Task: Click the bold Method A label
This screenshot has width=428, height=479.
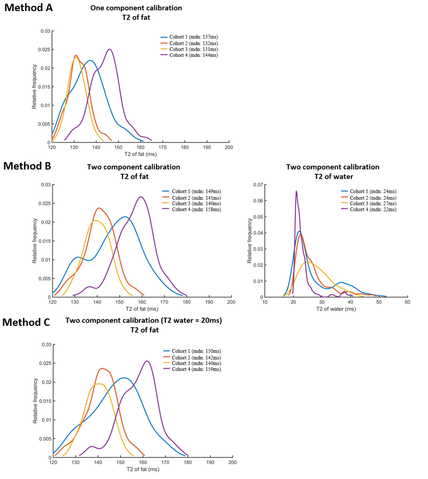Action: (28, 10)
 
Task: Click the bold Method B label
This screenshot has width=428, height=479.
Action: (27, 166)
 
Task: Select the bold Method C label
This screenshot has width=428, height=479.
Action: (27, 322)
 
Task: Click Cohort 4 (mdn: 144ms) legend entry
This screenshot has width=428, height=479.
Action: (189, 55)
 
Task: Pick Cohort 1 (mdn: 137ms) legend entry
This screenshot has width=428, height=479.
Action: (189, 36)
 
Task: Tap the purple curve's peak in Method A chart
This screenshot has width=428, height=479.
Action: (110, 49)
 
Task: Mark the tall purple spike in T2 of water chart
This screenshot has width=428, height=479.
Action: (296, 191)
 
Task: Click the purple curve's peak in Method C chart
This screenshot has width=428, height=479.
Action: (147, 361)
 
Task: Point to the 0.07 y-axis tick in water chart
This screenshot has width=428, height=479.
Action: (258, 185)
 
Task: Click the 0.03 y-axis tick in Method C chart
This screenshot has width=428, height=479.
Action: (46, 345)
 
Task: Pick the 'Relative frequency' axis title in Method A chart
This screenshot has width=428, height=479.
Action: (34, 87)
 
